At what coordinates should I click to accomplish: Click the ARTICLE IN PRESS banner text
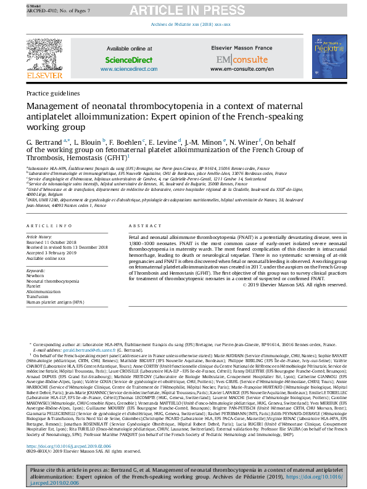[x=183, y=10]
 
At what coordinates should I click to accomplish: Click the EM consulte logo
[x=233, y=60]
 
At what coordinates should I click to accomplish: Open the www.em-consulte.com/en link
[x=233, y=70]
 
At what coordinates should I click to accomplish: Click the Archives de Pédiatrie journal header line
[x=191, y=25]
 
